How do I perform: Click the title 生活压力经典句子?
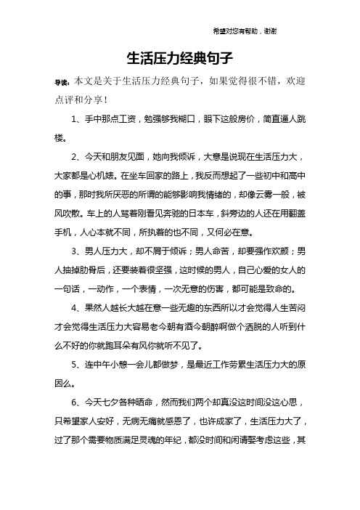click(179, 57)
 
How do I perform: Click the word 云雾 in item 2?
click(275, 195)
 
